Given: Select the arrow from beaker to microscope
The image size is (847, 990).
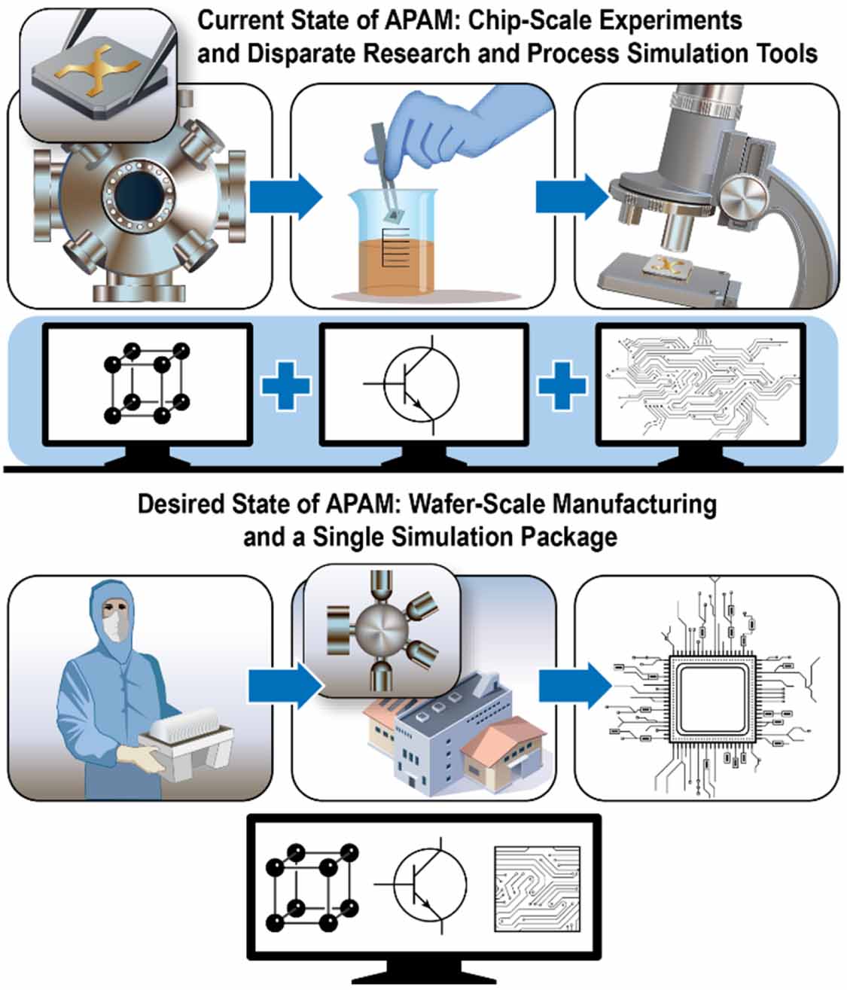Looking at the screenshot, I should (x=571, y=197).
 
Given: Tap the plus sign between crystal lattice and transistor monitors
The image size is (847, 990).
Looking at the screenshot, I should (x=285, y=385).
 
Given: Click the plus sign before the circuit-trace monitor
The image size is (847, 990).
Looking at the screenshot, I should (x=562, y=385).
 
